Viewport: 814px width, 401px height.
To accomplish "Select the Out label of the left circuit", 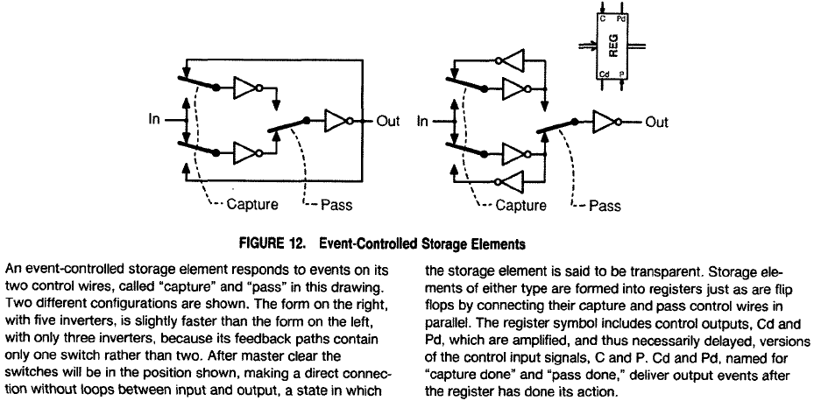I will click(x=387, y=120).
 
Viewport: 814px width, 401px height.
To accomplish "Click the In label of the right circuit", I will click(x=422, y=121).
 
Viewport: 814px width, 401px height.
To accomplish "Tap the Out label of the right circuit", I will click(x=656, y=122).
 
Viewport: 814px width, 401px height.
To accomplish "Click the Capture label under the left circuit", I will click(x=252, y=205).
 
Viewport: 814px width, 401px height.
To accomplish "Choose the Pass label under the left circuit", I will click(x=336, y=205).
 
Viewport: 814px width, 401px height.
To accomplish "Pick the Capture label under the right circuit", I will click(x=520, y=206).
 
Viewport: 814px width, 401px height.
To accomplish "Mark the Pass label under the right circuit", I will click(x=605, y=206).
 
